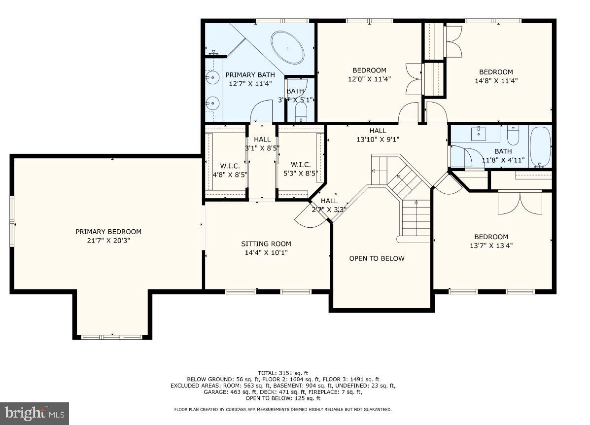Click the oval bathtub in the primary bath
point(290,47)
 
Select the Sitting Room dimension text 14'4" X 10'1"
point(266,252)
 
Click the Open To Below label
point(377,258)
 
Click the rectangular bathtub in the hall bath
point(540,146)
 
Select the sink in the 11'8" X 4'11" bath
point(479,132)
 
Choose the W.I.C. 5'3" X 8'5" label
point(300,169)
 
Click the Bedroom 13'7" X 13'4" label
point(491,241)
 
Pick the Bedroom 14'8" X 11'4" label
point(496,76)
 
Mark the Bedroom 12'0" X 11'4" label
point(369,74)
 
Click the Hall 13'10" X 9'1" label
point(378,135)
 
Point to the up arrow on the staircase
point(416,202)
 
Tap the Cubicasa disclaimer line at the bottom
point(282,409)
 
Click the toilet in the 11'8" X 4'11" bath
point(513,135)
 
